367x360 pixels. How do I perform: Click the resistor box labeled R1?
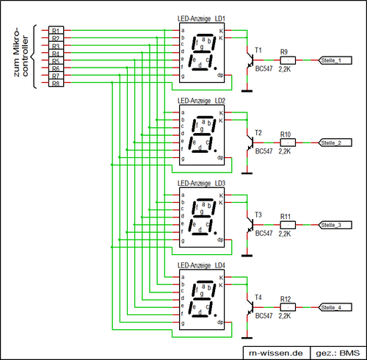56,30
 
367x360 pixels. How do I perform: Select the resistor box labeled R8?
56,84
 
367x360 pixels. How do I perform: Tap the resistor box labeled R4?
56,54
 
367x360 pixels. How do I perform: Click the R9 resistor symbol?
286,60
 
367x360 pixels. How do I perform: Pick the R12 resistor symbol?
286,306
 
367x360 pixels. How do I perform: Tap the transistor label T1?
258,51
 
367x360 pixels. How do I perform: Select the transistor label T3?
258,215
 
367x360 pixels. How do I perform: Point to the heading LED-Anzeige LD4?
200,264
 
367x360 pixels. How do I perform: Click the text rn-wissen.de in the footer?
277,352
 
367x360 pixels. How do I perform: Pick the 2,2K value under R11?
286,233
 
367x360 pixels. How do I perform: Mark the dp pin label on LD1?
219,75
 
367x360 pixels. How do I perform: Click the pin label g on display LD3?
182,240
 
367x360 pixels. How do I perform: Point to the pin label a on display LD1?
182,30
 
